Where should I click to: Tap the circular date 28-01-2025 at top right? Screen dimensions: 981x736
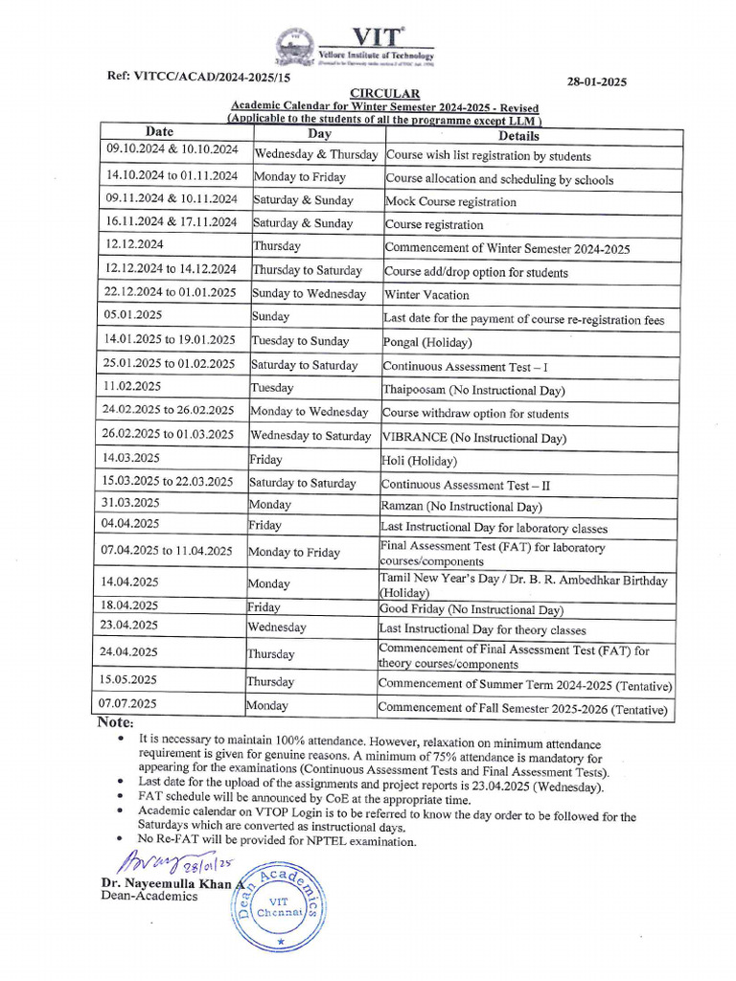(x=594, y=82)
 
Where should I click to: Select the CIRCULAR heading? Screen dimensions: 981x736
(x=383, y=93)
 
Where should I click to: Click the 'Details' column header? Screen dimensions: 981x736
(x=518, y=136)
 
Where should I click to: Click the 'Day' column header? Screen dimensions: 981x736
(x=319, y=134)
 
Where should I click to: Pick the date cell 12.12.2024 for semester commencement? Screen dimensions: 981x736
(x=135, y=245)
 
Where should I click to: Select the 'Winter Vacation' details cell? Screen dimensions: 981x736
(x=426, y=295)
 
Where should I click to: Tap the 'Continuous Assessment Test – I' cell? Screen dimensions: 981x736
(x=465, y=366)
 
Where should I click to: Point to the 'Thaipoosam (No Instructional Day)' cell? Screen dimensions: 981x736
(x=473, y=390)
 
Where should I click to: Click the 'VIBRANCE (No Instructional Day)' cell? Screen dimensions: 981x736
(x=473, y=438)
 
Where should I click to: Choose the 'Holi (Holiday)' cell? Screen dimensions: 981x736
(x=420, y=461)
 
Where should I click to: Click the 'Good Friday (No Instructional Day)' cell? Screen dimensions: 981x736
(x=471, y=609)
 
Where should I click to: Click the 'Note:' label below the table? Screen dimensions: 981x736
(x=115, y=722)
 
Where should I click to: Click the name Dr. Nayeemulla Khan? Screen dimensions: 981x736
(x=167, y=883)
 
